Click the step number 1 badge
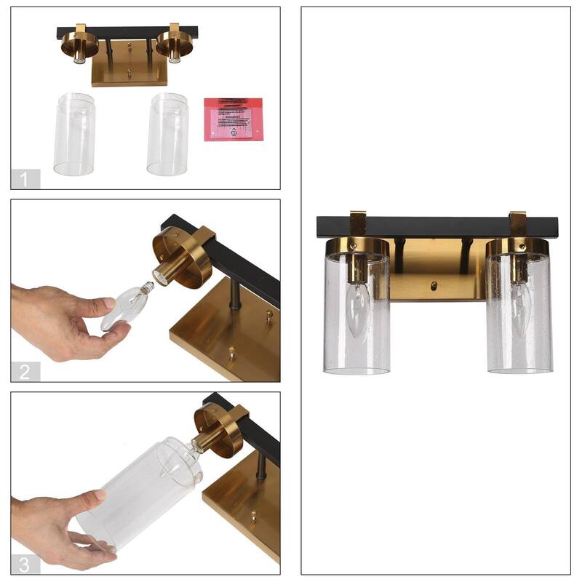[25, 179]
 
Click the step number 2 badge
[25, 372]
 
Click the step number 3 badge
[25, 564]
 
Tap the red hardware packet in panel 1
[233, 119]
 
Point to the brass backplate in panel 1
[129, 73]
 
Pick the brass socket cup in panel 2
[183, 255]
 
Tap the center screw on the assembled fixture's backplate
[434, 285]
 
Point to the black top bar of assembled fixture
[436, 226]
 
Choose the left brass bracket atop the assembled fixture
[358, 220]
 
